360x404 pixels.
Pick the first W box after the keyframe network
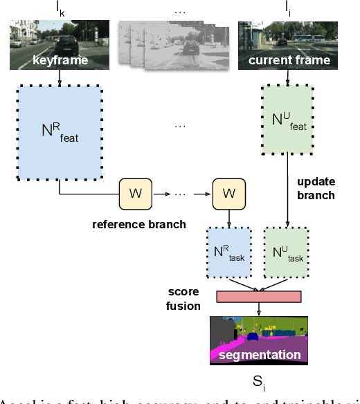click(136, 193)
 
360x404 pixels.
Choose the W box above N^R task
click(228, 193)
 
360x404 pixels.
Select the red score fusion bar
click(259, 297)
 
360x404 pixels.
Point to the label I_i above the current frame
click(289, 8)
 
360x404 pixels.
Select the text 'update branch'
click(316, 188)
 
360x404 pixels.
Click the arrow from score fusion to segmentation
click(260, 309)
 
